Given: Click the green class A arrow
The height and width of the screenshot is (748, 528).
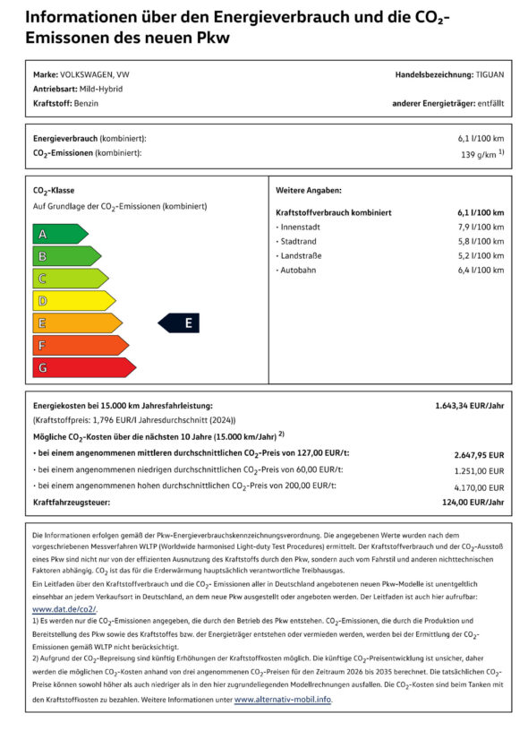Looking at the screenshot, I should (58, 234).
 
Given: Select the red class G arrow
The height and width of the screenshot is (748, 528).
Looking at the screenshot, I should (81, 367).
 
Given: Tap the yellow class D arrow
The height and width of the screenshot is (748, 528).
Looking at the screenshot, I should (72, 301).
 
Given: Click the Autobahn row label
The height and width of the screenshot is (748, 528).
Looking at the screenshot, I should (298, 271).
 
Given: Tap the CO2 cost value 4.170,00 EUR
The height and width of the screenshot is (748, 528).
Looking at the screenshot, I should (480, 486).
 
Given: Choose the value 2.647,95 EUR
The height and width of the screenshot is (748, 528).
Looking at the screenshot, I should (479, 454).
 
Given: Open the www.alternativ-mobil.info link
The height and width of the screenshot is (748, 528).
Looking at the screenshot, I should (282, 700).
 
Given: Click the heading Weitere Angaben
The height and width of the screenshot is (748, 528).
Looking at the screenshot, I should (309, 191).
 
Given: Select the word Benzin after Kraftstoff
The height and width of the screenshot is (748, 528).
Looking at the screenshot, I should (87, 104).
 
